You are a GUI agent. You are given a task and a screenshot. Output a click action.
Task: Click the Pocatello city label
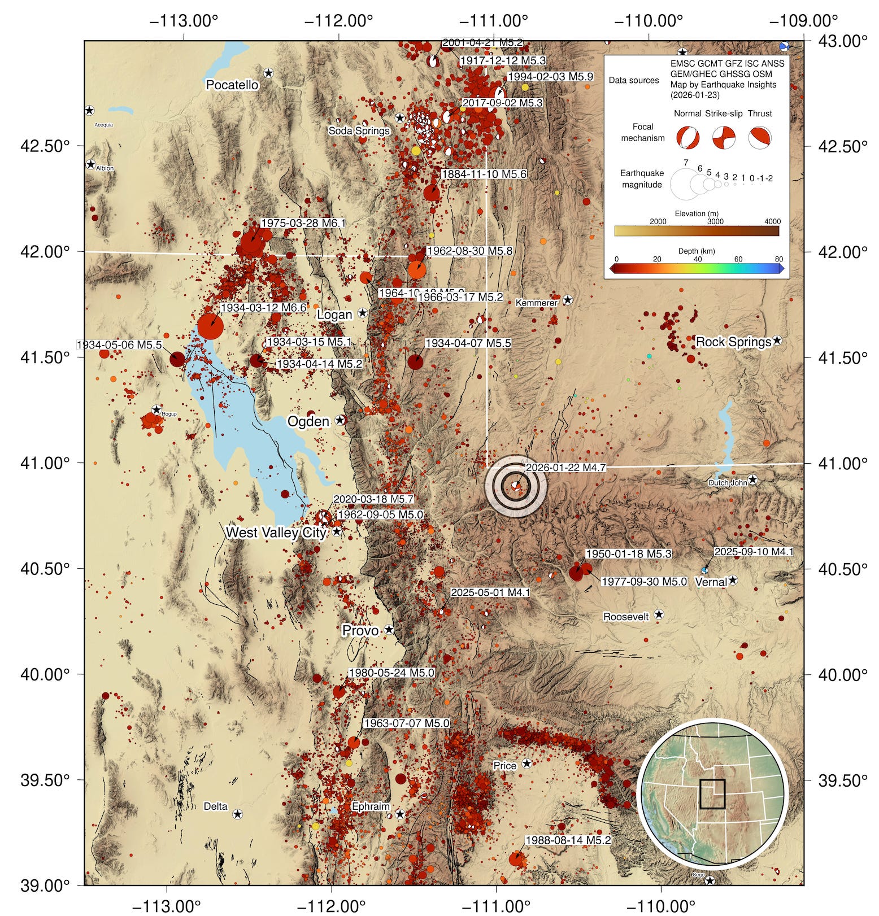pos(232,85)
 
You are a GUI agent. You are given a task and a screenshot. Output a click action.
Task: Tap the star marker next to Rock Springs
pos(777,341)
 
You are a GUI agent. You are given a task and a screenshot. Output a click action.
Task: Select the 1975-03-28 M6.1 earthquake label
pos(303,223)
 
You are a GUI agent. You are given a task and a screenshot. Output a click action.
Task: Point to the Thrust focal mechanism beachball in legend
pos(760,138)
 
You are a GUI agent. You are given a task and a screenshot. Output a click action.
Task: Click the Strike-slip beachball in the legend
pos(724,138)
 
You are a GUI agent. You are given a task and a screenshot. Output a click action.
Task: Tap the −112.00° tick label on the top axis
pos(338,21)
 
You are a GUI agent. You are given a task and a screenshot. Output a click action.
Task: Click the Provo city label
pos(360,630)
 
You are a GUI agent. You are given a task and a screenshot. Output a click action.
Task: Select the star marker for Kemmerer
pos(568,300)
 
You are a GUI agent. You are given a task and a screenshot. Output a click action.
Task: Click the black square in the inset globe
pos(712,793)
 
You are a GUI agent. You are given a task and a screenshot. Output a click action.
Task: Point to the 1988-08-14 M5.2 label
pos(568,840)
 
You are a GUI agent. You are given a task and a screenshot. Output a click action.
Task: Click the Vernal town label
pos(711,582)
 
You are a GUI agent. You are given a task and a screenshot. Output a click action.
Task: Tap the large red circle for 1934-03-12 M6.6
pos(210,326)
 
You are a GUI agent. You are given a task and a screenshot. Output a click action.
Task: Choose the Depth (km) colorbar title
pos(697,251)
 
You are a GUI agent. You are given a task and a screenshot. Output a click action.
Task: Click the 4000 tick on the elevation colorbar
pos(772,221)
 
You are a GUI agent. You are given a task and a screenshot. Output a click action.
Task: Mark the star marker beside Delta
pos(238,814)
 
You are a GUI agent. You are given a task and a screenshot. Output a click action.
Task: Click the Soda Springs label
pos(359,131)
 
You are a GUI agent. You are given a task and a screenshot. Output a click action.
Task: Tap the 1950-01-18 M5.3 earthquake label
pos(628,554)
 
